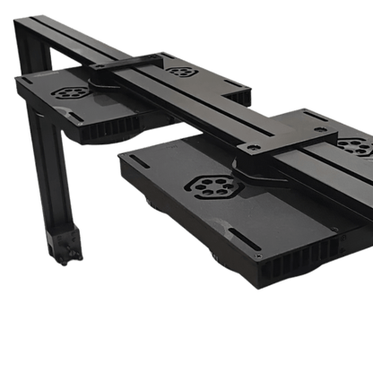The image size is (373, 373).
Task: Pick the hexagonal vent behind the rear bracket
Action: [181, 70]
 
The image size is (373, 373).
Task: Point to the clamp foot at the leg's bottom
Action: [60, 247]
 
